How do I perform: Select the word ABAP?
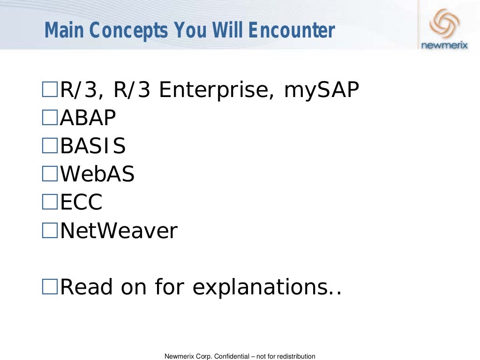point(88,118)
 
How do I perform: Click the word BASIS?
point(93,146)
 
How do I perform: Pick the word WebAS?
point(97,174)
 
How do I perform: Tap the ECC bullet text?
point(81,202)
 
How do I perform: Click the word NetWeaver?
point(119,231)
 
